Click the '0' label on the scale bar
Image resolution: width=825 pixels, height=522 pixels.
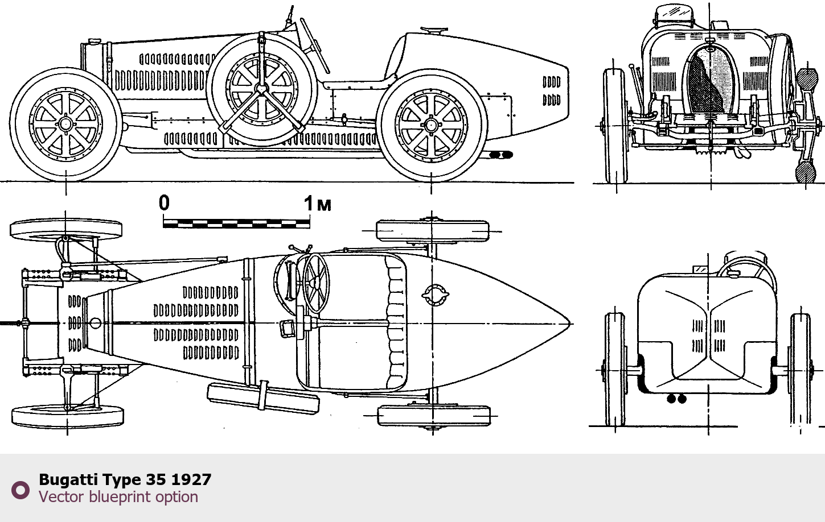click(165, 202)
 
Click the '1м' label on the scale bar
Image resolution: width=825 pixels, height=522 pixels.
click(318, 204)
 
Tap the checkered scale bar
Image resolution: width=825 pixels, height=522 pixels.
click(236, 223)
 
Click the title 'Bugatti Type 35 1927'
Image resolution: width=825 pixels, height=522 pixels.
click(125, 479)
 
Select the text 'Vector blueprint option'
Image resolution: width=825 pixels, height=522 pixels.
click(118, 496)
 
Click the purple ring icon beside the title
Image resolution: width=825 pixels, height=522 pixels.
click(20, 490)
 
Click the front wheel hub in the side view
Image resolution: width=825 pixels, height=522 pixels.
click(65, 125)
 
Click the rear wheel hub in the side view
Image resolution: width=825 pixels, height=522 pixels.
click(431, 125)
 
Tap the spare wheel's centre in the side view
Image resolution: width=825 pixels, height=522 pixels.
click(261, 88)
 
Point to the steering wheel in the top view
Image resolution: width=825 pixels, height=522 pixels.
click(316, 283)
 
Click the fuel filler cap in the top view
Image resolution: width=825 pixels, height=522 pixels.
click(435, 295)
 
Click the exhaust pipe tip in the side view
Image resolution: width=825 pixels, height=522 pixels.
click(501, 155)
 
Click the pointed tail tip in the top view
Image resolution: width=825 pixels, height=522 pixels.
click(569, 324)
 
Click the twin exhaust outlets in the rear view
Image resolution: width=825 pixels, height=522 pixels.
click(676, 399)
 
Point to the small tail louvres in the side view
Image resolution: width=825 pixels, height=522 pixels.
click(551, 91)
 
